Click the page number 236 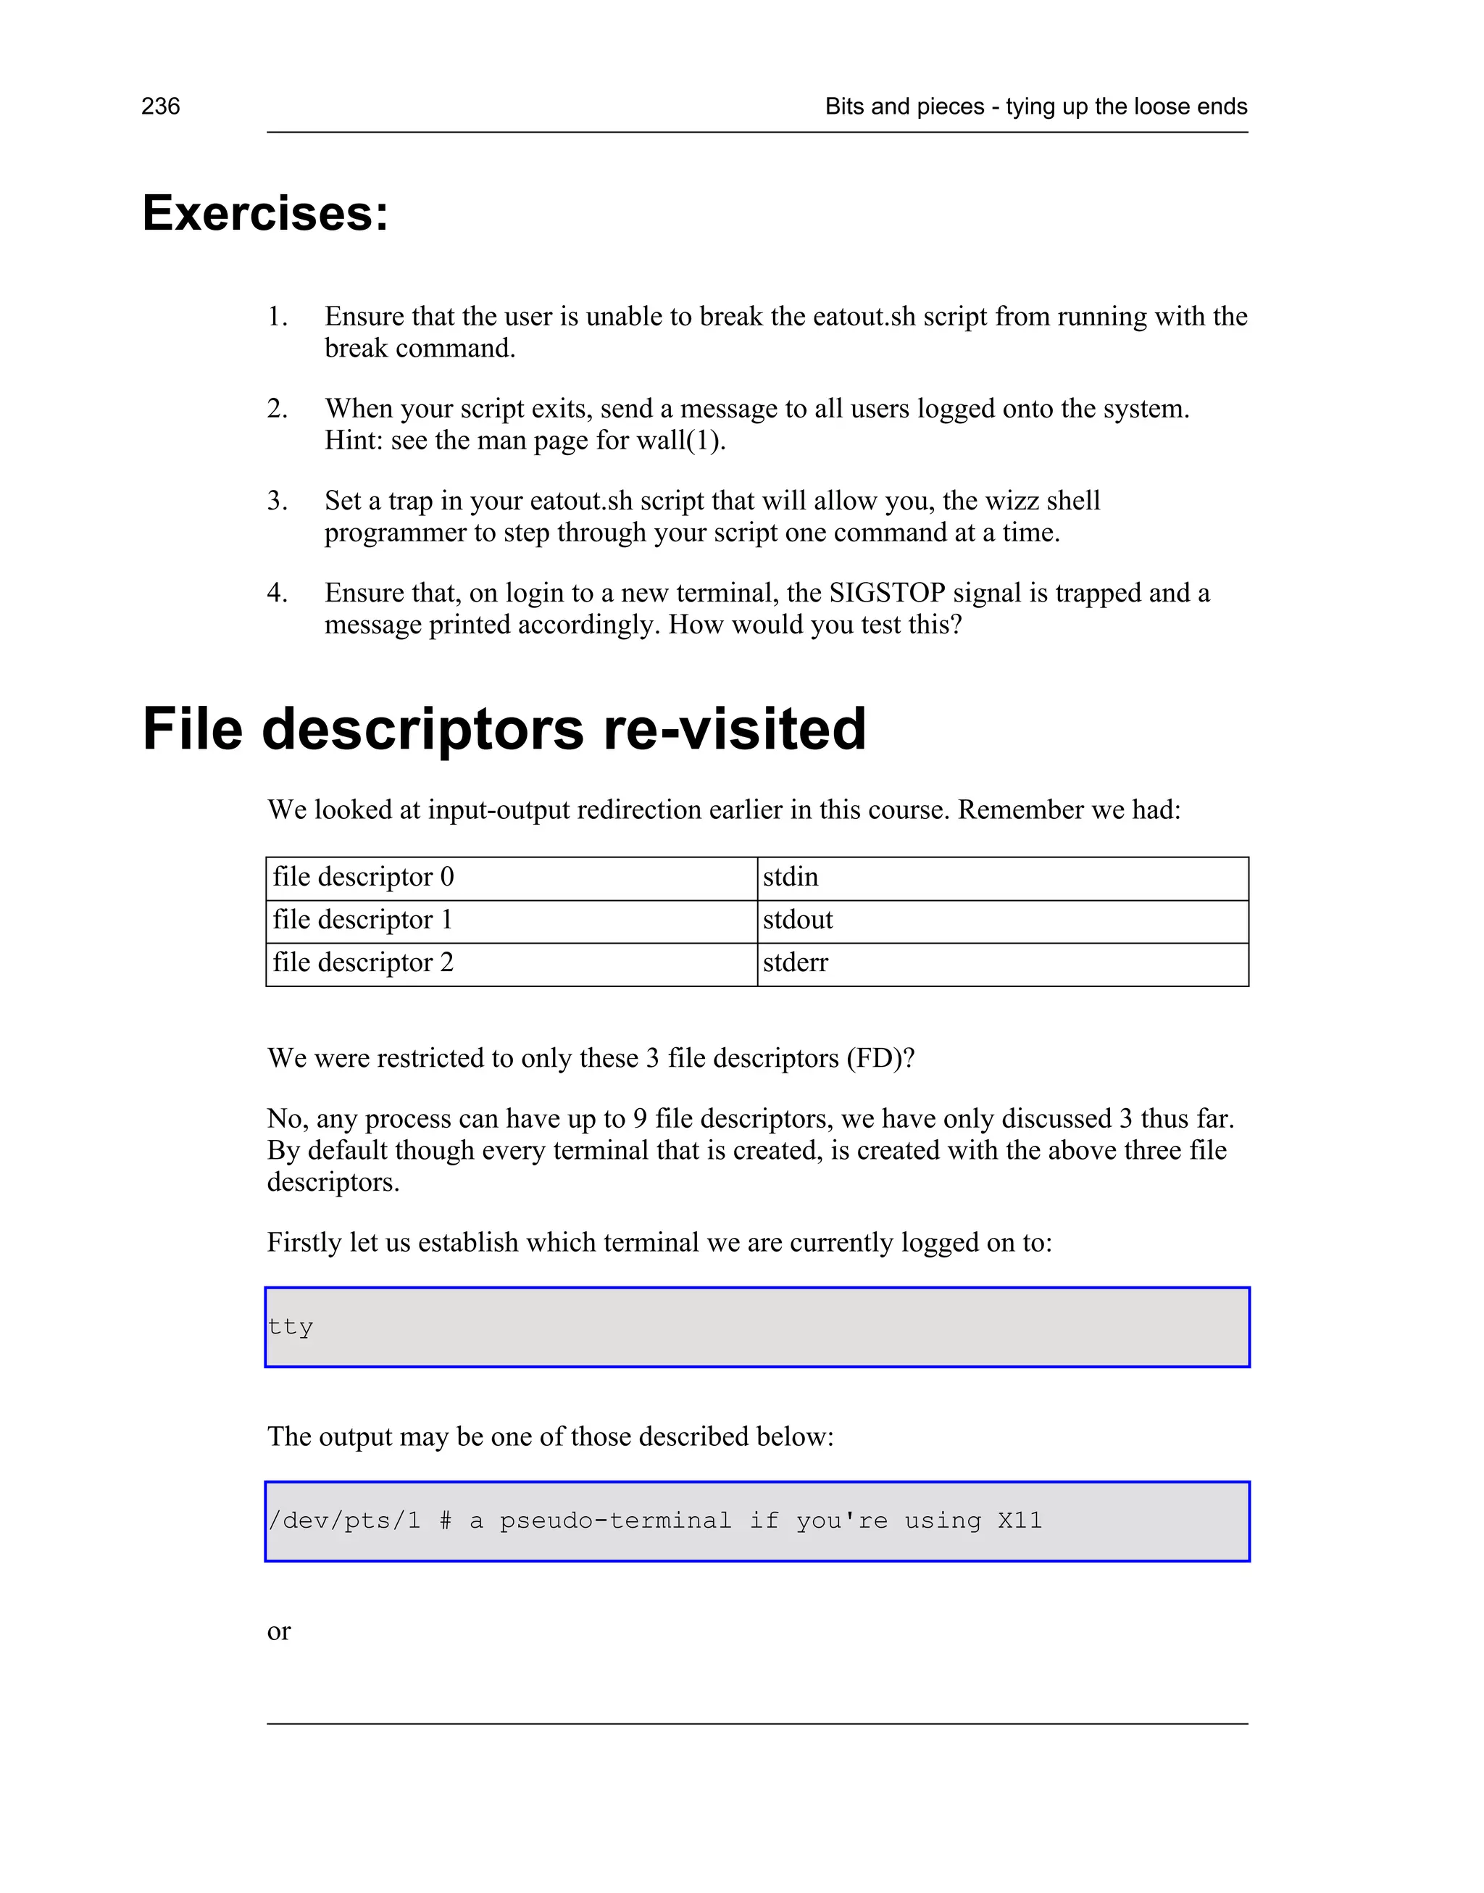(161, 107)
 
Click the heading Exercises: (265, 213)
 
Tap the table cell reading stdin (791, 877)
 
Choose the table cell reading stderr (795, 962)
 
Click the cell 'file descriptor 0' (363, 877)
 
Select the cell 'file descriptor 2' (363, 962)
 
